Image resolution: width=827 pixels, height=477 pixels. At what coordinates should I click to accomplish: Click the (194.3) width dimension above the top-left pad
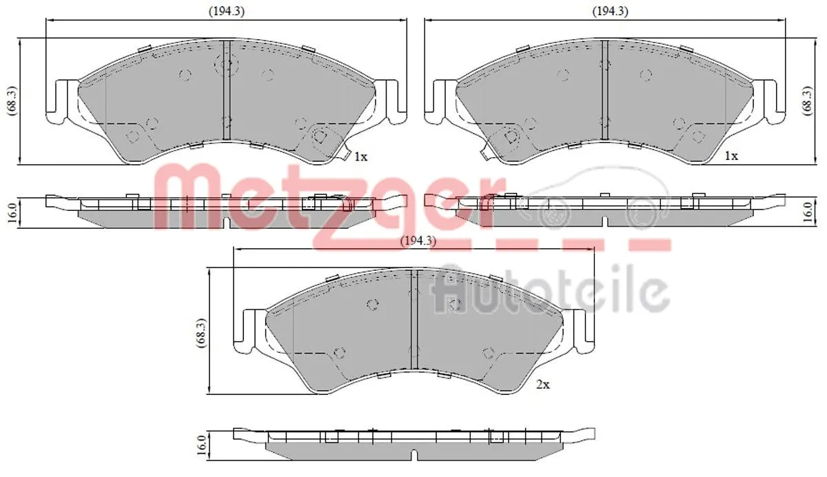(226, 11)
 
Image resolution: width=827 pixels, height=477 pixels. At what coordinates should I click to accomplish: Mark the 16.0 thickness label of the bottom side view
(201, 444)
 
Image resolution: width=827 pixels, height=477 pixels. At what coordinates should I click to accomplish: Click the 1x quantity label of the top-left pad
(360, 156)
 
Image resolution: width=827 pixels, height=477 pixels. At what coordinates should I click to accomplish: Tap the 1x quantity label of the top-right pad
(731, 156)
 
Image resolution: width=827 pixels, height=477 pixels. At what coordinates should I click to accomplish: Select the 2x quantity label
(543, 385)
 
